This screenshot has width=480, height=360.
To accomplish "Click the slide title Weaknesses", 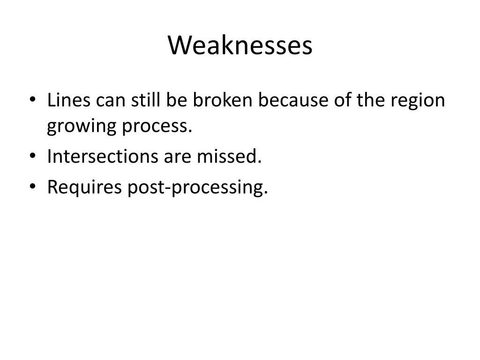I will (x=240, y=46).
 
